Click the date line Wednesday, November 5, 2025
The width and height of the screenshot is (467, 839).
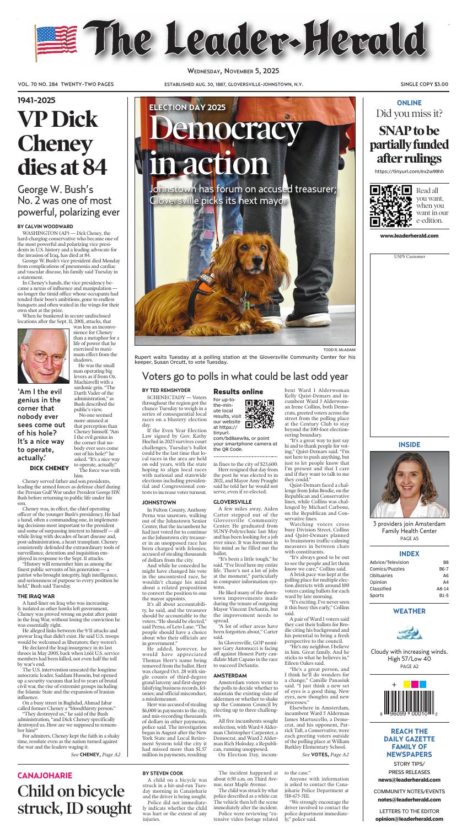click(x=233, y=71)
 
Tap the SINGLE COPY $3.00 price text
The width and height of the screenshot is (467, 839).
click(x=425, y=84)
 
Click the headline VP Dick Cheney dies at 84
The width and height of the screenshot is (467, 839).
click(x=62, y=143)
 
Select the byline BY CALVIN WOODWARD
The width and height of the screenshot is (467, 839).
click(x=44, y=227)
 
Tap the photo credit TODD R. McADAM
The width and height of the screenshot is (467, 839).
click(x=339, y=350)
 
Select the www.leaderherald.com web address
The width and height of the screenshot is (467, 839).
click(x=409, y=236)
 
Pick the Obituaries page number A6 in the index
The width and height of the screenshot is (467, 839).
click(x=445, y=575)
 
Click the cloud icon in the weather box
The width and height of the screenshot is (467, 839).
click(x=409, y=633)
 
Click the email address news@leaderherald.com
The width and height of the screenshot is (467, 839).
click(x=409, y=780)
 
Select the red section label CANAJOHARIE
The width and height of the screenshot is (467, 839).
click(x=45, y=775)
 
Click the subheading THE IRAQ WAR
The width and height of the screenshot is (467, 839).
click(x=36, y=596)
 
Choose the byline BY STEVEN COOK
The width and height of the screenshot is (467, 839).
click(x=163, y=773)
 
